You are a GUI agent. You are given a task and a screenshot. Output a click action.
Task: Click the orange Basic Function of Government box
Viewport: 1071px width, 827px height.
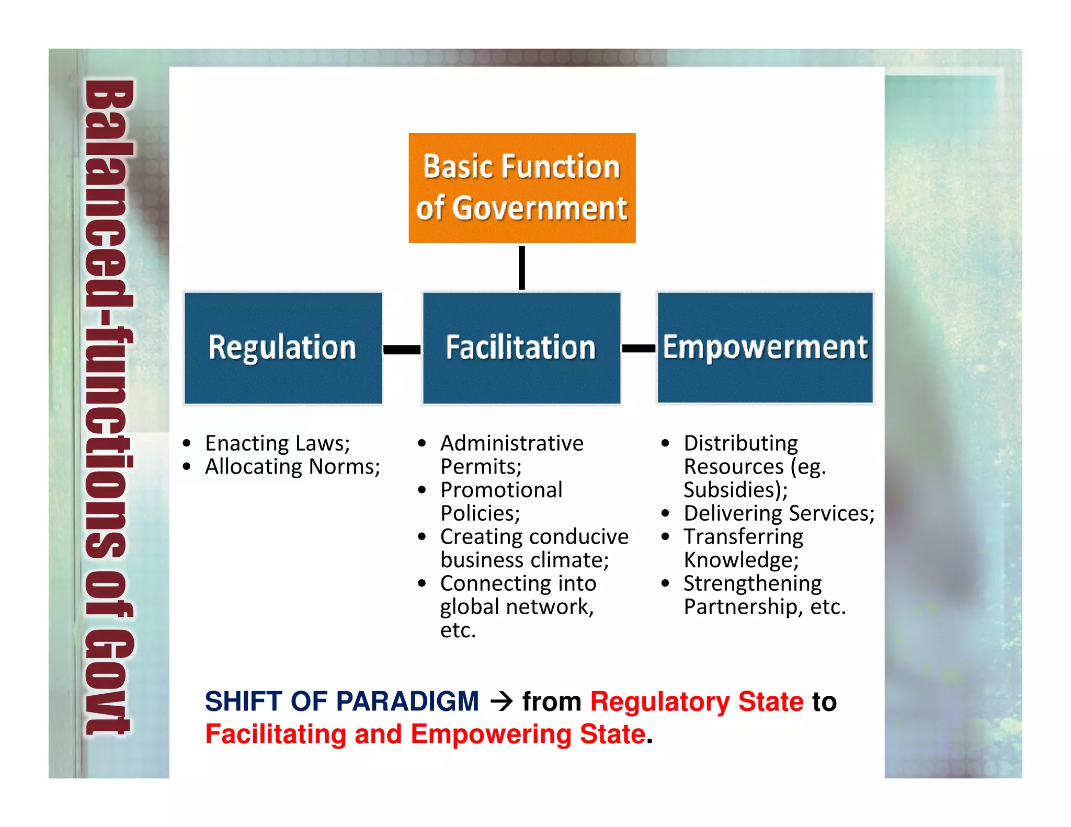click(522, 188)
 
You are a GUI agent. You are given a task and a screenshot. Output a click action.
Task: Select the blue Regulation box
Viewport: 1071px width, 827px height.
click(283, 348)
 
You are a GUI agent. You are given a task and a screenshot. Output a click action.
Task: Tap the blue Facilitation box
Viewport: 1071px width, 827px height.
click(521, 348)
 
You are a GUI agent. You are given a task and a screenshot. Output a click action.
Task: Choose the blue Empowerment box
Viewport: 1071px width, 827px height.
click(765, 348)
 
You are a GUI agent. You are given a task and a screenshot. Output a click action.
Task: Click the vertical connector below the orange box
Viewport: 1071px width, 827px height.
click(522, 268)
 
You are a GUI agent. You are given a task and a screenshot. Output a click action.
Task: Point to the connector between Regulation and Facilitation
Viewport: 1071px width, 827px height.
click(402, 349)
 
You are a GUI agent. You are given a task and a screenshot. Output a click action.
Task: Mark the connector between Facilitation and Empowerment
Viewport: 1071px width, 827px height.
click(639, 348)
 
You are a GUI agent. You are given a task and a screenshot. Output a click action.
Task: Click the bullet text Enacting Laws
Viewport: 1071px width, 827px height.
click(277, 443)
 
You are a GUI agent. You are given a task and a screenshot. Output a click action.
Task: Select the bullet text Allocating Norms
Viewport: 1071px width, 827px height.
click(292, 467)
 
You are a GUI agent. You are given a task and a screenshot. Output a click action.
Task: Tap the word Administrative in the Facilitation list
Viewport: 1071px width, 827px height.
click(511, 443)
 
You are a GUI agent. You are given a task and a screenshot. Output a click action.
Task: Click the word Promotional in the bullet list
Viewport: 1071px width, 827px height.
click(501, 490)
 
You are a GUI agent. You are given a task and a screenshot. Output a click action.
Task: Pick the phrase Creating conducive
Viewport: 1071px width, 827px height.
click(534, 537)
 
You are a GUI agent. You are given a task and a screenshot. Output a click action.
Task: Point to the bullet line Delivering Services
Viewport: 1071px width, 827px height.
click(779, 513)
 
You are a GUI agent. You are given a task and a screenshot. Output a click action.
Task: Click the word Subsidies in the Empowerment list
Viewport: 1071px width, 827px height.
click(732, 490)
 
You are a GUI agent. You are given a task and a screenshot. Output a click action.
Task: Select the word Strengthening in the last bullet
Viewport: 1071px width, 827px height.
click(753, 583)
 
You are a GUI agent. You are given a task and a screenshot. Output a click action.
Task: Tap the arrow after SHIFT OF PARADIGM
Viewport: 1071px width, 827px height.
click(502, 701)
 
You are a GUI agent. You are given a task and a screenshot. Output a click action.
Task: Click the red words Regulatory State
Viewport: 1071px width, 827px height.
click(697, 701)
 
